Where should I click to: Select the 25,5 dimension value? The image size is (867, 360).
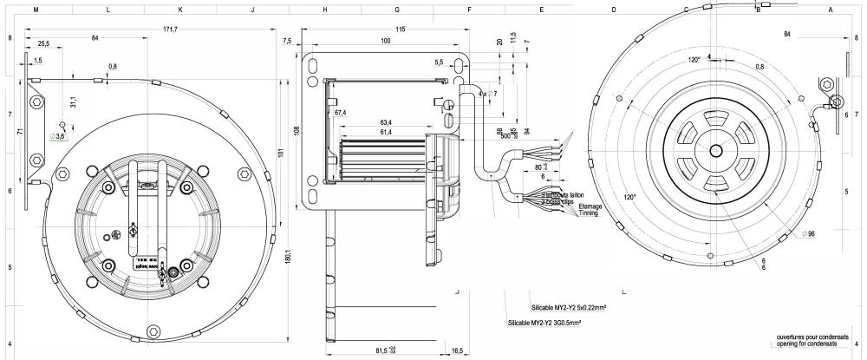point(42,43)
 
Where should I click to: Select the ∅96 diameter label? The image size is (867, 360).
point(811,234)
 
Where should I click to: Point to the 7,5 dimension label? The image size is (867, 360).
point(287,41)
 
